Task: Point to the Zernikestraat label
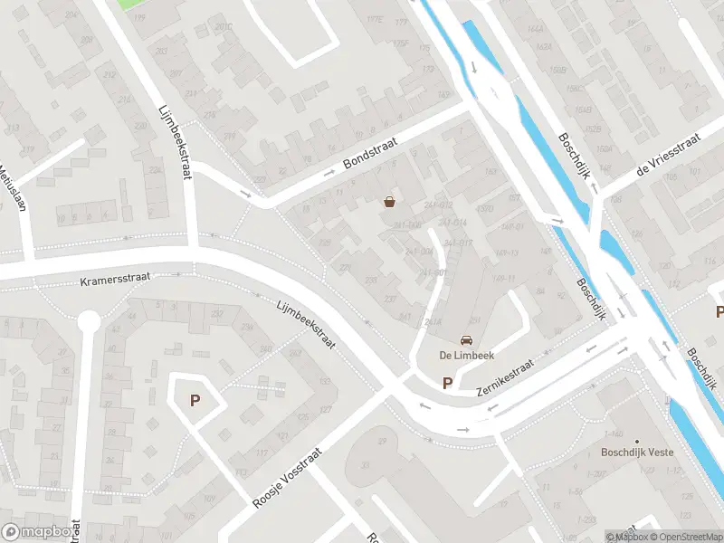(506, 377)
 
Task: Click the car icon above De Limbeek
(466, 340)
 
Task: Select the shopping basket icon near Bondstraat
(389, 202)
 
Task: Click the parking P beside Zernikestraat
(447, 383)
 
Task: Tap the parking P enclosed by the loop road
(194, 399)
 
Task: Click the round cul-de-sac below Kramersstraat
(89, 320)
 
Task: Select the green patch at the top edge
(132, 4)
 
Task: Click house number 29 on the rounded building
(382, 441)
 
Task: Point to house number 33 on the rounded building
(367, 465)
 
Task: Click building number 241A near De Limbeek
(433, 321)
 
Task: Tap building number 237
(391, 298)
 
